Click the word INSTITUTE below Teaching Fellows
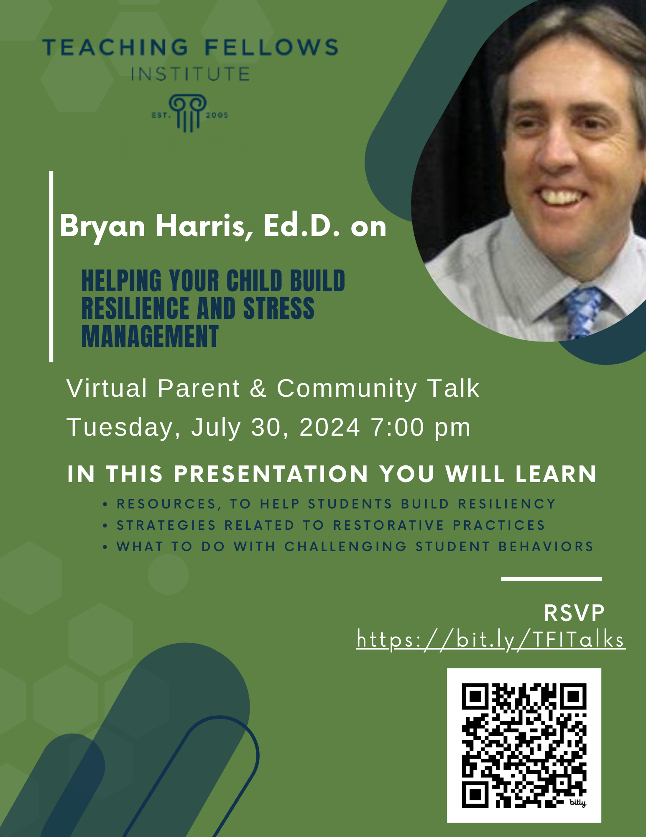[x=190, y=74]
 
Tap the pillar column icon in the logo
[x=188, y=113]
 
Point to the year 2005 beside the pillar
[x=217, y=115]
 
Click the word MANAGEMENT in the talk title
[x=150, y=336]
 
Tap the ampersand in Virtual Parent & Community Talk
[x=258, y=388]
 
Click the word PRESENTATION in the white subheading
[x=271, y=474]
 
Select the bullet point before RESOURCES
[x=105, y=504]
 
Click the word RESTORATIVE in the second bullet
[x=388, y=525]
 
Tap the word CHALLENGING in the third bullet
[x=345, y=547]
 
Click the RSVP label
[x=574, y=613]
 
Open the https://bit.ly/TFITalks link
[x=490, y=639]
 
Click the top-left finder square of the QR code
[x=475, y=696]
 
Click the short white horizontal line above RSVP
[x=551, y=579]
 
